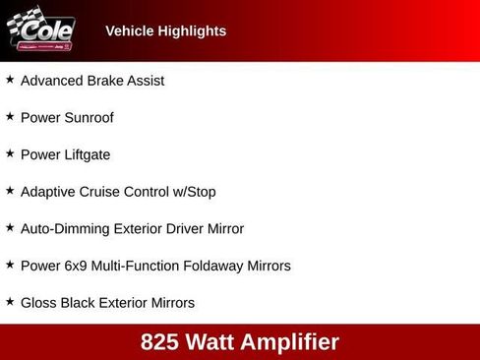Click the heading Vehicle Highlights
(x=165, y=30)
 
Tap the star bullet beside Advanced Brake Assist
(x=10, y=80)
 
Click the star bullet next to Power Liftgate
(x=10, y=153)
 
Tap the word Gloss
(x=38, y=303)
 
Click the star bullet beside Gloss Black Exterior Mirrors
(x=10, y=301)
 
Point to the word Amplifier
(x=293, y=342)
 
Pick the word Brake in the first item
(x=105, y=81)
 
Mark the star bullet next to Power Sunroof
(x=10, y=116)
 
